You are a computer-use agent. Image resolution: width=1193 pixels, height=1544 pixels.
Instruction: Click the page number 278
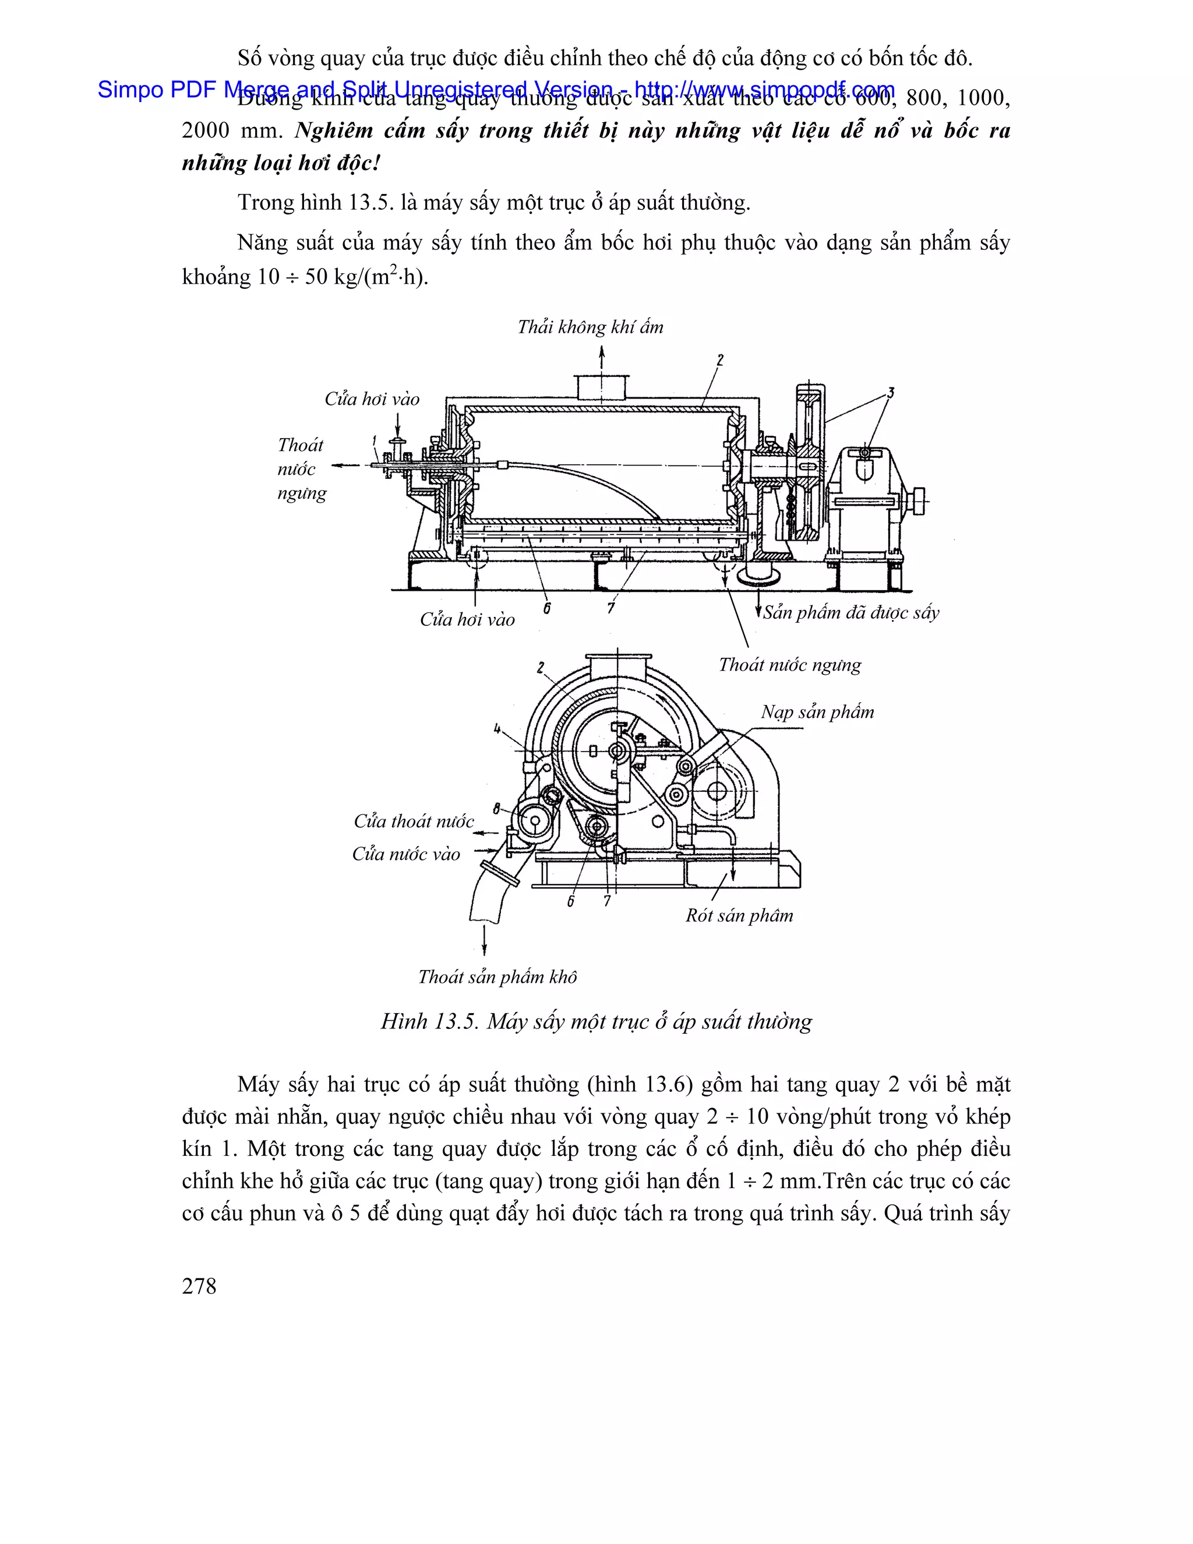pos(199,1286)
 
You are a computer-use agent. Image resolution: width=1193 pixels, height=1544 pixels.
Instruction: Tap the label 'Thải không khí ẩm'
pos(590,327)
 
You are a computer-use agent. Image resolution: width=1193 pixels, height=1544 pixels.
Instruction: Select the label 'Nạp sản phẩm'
pos(817,712)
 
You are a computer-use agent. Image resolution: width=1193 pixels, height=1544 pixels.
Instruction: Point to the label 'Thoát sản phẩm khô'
pos(497,977)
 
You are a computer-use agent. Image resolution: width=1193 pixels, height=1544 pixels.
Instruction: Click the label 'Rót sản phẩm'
pos(739,915)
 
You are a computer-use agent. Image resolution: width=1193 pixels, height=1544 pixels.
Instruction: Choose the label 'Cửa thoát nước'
pos(414,822)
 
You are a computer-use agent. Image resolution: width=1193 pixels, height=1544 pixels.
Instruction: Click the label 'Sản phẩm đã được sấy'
pos(851,613)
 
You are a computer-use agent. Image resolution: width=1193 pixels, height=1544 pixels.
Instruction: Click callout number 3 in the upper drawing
pos(891,393)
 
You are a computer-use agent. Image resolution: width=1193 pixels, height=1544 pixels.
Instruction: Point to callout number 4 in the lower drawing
pos(497,728)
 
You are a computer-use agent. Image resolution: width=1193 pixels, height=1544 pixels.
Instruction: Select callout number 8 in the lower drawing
pos(497,808)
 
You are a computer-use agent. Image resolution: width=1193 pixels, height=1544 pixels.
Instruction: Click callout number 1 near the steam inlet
pos(374,442)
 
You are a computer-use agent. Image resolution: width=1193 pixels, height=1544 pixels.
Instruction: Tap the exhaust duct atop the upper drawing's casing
pos(602,387)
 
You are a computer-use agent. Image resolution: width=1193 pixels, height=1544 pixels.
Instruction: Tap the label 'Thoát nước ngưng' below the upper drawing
pos(789,665)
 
